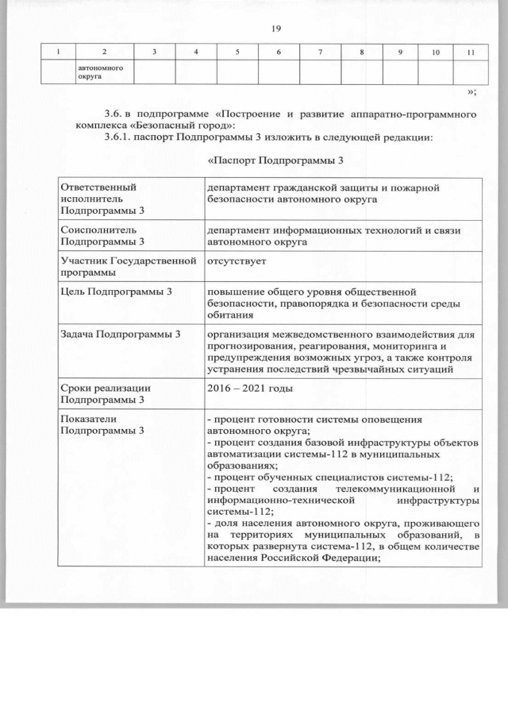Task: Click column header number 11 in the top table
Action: tap(471, 52)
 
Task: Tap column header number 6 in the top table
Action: tap(279, 52)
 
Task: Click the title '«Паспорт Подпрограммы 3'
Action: tap(274, 162)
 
